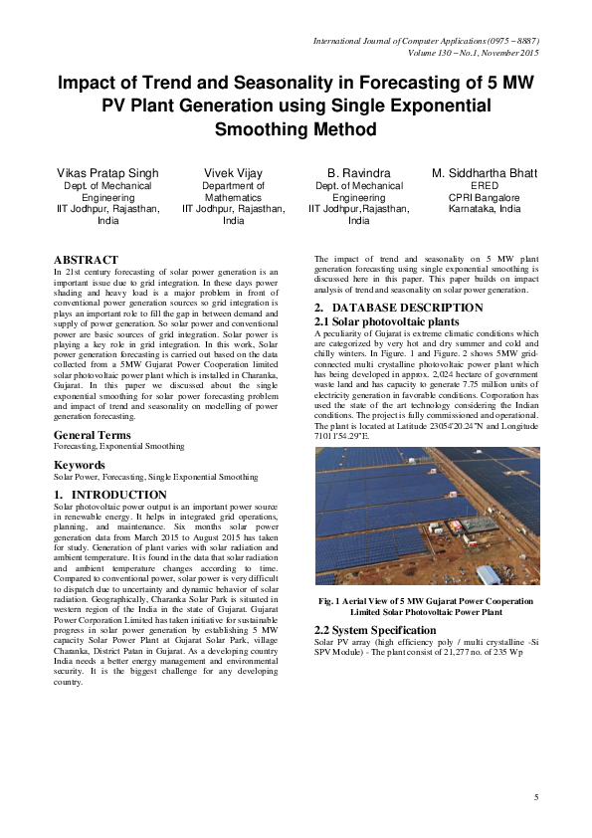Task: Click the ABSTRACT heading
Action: pos(86,260)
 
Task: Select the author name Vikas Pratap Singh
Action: pos(106,174)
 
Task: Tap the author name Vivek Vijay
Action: pos(233,174)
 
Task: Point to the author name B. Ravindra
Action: pos(359,174)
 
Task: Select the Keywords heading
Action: pos(80,465)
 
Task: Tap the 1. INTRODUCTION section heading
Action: pos(110,495)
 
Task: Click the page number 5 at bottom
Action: pos(535,798)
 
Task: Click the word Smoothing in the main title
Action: pos(296,128)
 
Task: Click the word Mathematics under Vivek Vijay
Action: pos(233,198)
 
